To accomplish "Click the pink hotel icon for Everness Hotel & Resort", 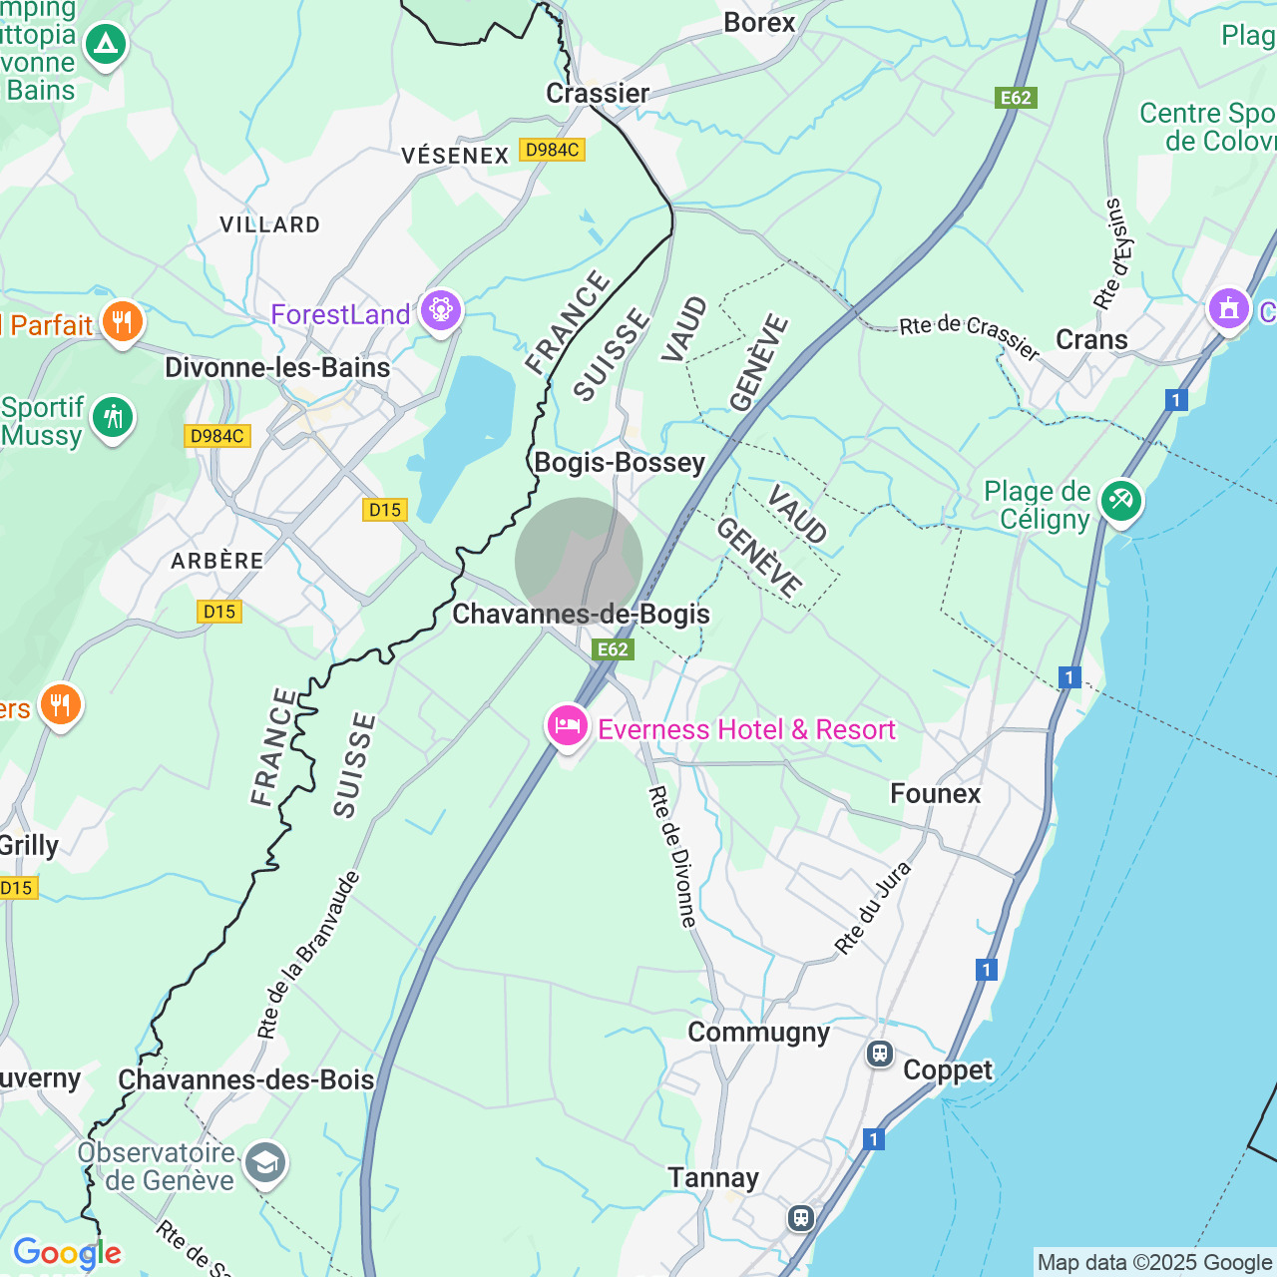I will coord(567,725).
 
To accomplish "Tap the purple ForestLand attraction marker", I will coord(440,311).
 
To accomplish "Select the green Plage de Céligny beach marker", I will coord(1120,500).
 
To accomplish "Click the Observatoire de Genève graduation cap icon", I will coord(265,1163).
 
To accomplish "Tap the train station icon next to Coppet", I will coord(879,1054).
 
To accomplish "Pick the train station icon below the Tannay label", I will coord(800,1217).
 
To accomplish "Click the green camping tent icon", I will coord(105,44).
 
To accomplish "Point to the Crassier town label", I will coord(598,93).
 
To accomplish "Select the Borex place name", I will coord(759,22).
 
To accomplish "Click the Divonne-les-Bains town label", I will coord(277,367).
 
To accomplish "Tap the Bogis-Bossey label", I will coord(620,462).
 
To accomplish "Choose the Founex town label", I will coord(935,793).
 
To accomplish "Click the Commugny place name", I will coord(758,1032).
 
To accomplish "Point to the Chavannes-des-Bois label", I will coord(245,1079).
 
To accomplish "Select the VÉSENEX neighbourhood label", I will coord(455,156).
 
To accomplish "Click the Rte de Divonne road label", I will coord(672,856).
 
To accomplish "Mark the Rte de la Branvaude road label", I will coord(308,955).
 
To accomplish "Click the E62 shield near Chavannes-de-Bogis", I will coord(613,649).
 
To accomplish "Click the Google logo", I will coord(67,1253).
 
